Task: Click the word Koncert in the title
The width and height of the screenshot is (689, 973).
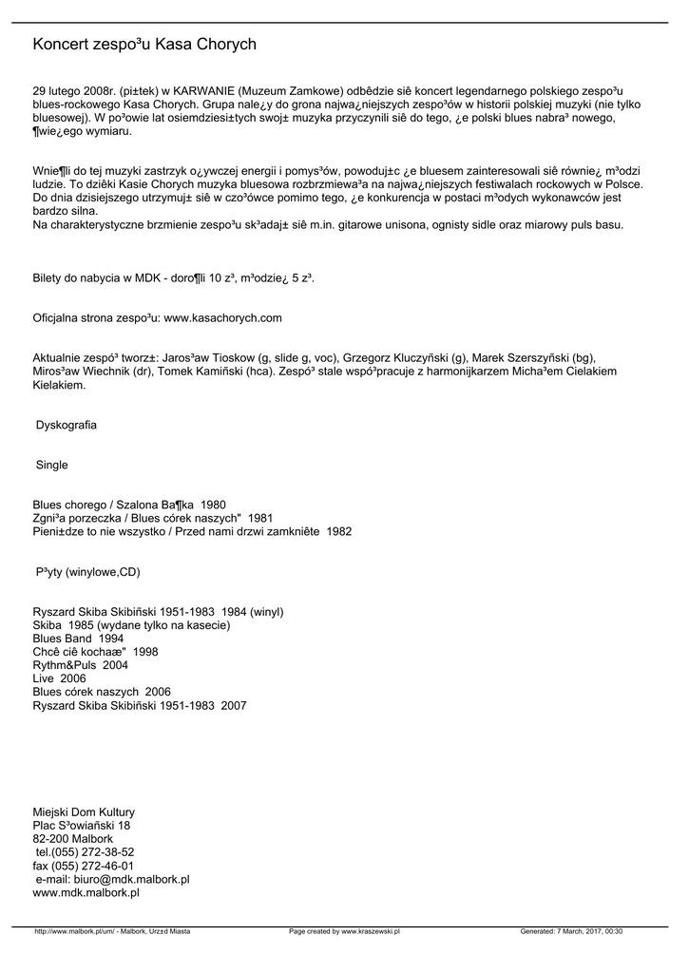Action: (62, 45)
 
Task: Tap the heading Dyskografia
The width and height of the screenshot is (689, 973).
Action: (67, 425)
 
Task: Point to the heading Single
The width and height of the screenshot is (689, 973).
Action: (52, 465)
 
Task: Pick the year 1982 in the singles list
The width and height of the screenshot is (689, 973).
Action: (338, 531)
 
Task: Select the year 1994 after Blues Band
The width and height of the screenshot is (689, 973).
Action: (110, 639)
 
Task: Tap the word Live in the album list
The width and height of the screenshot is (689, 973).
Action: (44, 679)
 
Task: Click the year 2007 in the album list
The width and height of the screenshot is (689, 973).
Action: (233, 706)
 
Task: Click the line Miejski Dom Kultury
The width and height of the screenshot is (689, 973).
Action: (84, 812)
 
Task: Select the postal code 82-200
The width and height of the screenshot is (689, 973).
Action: (50, 839)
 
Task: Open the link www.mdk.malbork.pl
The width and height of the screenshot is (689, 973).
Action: (86, 893)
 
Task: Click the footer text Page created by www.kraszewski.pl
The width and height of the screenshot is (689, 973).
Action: (344, 932)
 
